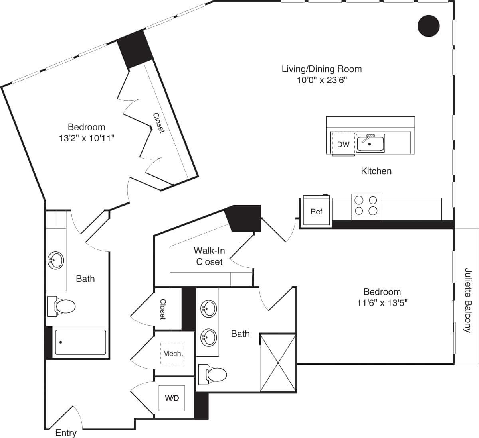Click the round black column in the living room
tap(428, 26)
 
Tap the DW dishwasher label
tap(343, 145)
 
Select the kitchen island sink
tap(370, 143)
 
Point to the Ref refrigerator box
tap(317, 211)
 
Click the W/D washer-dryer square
tap(172, 398)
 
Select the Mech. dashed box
tap(172, 354)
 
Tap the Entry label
tap(66, 433)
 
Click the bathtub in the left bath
tap(80, 342)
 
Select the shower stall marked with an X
tap(278, 363)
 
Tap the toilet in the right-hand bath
tap(213, 375)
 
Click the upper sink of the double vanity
tap(208, 308)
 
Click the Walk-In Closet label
tap(209, 256)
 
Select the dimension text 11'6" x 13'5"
tap(382, 303)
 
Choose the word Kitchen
tap(376, 171)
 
